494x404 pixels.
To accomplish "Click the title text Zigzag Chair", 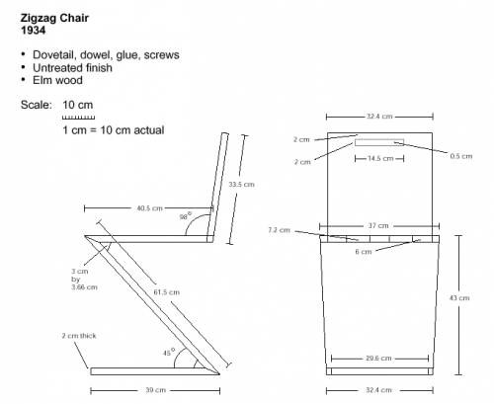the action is (54, 19).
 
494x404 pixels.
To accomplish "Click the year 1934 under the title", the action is (33, 31).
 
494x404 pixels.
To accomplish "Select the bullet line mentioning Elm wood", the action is (51, 80).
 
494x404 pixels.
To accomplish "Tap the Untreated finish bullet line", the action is (66, 68).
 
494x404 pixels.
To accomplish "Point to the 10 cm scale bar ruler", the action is (78, 118).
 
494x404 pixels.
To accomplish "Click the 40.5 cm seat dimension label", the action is (150, 208).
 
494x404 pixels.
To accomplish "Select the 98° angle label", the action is (186, 216).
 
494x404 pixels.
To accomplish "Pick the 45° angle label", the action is (169, 353).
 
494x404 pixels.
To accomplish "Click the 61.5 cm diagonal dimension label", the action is (167, 292).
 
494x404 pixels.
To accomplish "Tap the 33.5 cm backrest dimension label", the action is (242, 185).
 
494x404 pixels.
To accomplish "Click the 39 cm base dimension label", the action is (156, 390).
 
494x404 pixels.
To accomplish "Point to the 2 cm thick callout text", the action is (79, 336).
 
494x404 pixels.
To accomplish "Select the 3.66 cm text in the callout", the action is (85, 287).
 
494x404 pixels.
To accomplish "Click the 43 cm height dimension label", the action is (459, 298).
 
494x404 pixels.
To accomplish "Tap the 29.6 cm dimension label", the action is (378, 358).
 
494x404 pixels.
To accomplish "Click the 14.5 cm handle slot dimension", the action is (380, 158).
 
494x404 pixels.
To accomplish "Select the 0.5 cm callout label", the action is (461, 156).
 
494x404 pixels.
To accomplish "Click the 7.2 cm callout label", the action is (280, 230).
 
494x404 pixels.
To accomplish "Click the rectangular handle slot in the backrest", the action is (379, 142).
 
